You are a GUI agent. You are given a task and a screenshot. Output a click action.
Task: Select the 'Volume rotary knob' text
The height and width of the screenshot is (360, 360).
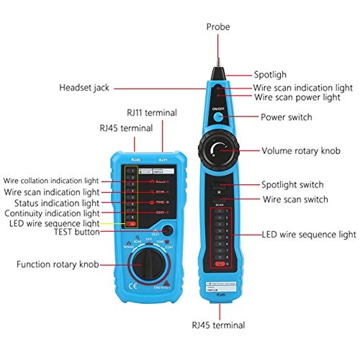pos(300,151)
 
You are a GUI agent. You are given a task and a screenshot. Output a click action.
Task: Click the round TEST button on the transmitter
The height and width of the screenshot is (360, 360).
pos(168,230)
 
